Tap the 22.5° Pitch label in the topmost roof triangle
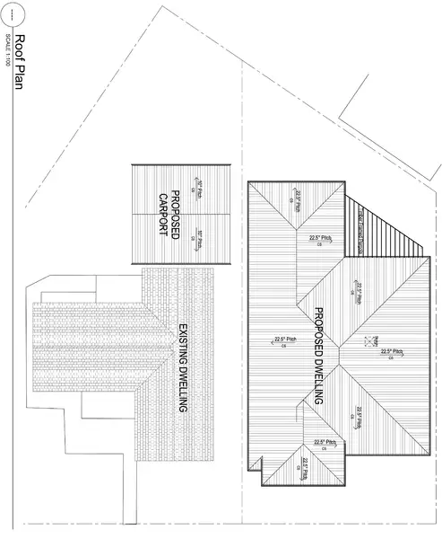pos(299,198)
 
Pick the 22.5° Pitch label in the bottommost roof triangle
pos(305,467)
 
